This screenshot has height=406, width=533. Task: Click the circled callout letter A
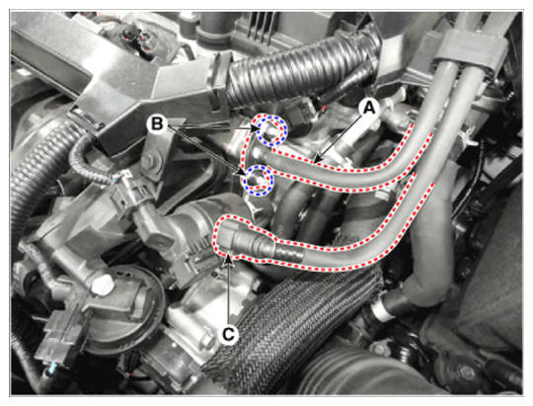point(369,109)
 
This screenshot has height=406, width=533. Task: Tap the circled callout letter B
point(157,123)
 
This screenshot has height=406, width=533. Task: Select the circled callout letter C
point(228,335)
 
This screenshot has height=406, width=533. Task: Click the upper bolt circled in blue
point(271,130)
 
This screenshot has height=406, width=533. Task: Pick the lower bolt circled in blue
point(257,181)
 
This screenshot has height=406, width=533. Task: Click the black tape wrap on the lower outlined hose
point(288,253)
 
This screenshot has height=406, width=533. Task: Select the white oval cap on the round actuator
point(102,284)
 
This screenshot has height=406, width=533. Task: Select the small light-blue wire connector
point(51,367)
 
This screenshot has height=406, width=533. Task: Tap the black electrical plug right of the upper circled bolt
point(298,116)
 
